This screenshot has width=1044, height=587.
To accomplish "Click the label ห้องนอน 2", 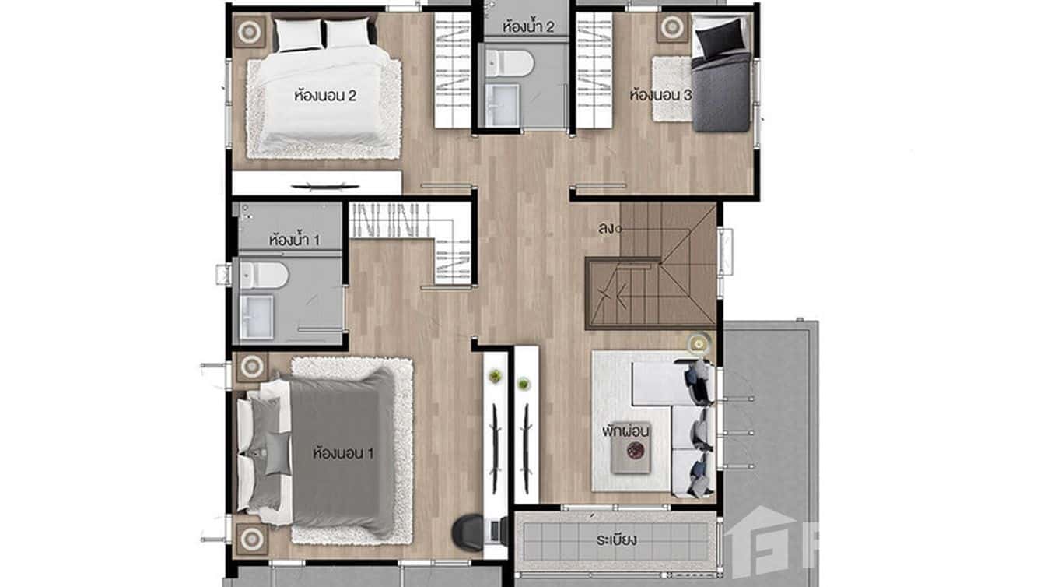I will coord(325,97).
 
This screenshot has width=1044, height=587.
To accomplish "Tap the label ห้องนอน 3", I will coord(660,96).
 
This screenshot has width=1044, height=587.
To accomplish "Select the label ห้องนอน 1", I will coord(343,452).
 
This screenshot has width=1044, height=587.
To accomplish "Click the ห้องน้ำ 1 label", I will coord(293,239).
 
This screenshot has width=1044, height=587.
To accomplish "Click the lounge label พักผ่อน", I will coord(625,430).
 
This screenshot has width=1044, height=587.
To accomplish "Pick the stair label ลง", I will coord(608,229).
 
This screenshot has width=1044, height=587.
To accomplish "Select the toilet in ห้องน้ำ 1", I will coord(264,275).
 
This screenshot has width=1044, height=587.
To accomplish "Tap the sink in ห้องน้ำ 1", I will coord(256,317).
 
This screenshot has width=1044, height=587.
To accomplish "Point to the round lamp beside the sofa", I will coord(699,343).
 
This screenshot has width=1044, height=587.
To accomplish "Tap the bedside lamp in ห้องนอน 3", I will coord(671,28).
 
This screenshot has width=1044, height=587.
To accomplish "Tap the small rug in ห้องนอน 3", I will coord(671,89).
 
